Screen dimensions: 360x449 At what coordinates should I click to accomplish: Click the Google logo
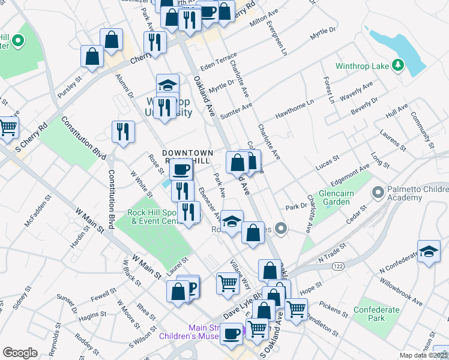pos(19,353)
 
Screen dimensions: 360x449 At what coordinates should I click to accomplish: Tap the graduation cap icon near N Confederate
pos(429,252)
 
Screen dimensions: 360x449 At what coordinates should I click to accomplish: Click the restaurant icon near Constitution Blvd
pos(123,132)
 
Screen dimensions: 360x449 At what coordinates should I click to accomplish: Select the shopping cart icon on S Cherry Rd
pos(8,127)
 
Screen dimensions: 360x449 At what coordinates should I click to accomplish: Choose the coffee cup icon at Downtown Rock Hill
pos(181,169)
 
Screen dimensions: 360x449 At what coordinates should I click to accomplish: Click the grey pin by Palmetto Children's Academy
pos(378,193)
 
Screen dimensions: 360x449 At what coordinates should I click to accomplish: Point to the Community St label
pos(422,128)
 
